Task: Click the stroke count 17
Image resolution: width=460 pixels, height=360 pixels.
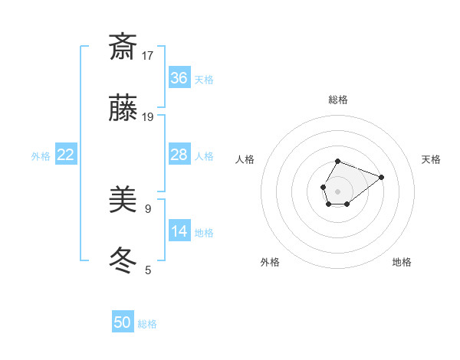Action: coord(148,55)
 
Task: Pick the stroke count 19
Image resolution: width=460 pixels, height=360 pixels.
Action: coord(148,117)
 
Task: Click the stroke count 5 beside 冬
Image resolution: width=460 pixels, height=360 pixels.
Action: coord(148,270)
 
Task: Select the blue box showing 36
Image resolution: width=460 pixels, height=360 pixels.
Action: coord(179,78)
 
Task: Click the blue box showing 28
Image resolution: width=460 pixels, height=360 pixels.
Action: coord(179,155)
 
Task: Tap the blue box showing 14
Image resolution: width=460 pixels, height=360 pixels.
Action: coord(179,231)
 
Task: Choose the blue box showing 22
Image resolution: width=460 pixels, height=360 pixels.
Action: coord(66,155)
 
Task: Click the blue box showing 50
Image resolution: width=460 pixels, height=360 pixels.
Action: coord(123,322)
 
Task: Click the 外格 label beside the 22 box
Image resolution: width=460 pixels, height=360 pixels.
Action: coord(41,156)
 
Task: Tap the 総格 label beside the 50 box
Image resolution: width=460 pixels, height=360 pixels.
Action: coord(147,324)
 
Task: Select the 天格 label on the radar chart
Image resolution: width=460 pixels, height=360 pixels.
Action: coord(431,159)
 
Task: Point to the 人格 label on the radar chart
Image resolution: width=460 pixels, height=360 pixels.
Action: coord(245,159)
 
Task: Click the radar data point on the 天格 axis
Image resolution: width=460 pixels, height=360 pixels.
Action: coord(381,177)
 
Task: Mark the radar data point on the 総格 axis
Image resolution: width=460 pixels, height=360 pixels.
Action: coord(337,161)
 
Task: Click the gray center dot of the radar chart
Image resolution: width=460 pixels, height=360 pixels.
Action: coord(337,191)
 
